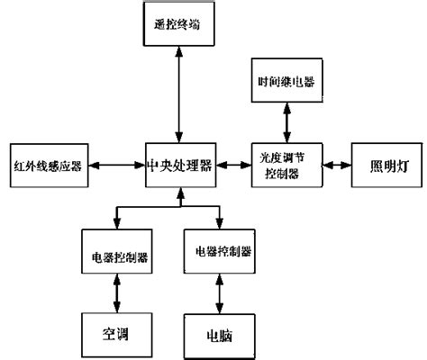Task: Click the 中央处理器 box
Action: pos(180,165)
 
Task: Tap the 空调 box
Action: pos(115,330)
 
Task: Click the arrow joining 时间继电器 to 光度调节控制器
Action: pos(286,120)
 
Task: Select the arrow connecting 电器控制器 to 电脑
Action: pos(217,295)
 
